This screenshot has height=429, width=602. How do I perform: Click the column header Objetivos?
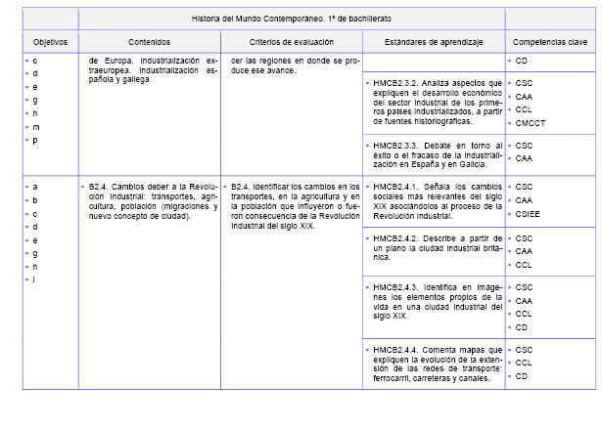[x=50, y=43]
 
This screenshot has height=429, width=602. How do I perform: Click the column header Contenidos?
[x=150, y=43]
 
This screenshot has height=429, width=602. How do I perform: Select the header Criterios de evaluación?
[x=291, y=43]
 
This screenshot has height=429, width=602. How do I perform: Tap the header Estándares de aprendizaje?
[x=434, y=43]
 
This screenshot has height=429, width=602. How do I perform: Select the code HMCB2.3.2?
[x=399, y=84]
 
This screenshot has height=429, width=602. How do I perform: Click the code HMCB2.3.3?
[x=399, y=145]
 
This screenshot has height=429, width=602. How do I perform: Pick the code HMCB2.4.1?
[x=399, y=186]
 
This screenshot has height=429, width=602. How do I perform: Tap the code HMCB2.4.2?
[x=399, y=238]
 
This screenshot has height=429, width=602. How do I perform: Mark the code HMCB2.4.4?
[x=399, y=349]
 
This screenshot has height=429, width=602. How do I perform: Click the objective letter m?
[x=36, y=127]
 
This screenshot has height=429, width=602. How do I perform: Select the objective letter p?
[x=35, y=141]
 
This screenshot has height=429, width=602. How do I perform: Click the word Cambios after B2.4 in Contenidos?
[x=129, y=186]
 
